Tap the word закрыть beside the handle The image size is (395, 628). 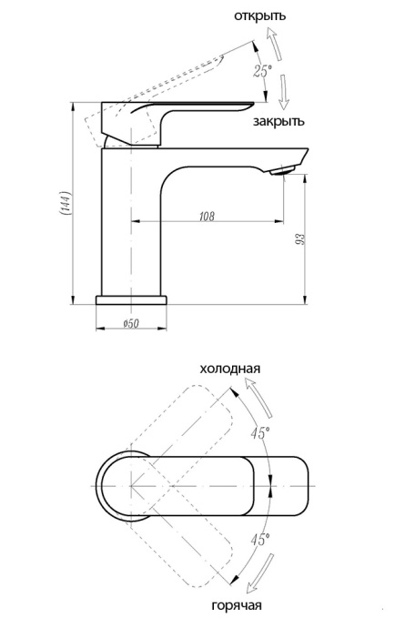pyautogui.click(x=279, y=120)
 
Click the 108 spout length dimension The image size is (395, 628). pyautogui.click(x=206, y=217)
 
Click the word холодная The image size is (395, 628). pyautogui.click(x=231, y=369)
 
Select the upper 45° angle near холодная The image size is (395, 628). pyautogui.click(x=259, y=433)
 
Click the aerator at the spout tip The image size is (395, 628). pyautogui.click(x=284, y=168)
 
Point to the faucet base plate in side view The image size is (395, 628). pyautogui.click(x=133, y=300)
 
